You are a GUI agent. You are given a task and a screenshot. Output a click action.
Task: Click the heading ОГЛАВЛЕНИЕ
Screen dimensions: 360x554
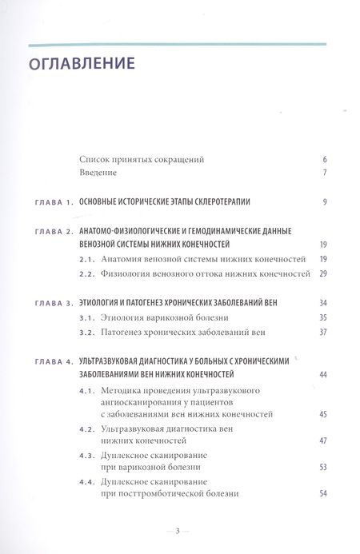(x=82, y=63)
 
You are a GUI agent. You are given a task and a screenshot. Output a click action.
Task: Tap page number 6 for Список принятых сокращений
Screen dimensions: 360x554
(x=325, y=159)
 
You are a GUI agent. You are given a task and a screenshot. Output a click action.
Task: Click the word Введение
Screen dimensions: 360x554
(x=98, y=173)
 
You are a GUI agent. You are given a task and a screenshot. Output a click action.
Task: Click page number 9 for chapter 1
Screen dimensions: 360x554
(x=325, y=202)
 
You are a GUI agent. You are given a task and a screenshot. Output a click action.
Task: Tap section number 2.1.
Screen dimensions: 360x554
(x=89, y=259)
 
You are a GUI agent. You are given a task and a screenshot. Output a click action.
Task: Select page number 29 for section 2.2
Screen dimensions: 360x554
(x=323, y=273)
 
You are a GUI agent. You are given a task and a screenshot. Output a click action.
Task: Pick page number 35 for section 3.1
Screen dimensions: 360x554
(x=323, y=317)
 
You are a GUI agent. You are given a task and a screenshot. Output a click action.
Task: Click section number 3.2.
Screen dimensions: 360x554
(x=89, y=332)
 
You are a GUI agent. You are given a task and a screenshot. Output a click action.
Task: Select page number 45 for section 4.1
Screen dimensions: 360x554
(x=323, y=414)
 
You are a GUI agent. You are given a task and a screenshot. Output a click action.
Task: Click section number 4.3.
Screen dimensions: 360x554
(x=89, y=456)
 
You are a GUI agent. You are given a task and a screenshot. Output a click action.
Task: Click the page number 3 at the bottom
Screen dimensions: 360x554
(x=180, y=530)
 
